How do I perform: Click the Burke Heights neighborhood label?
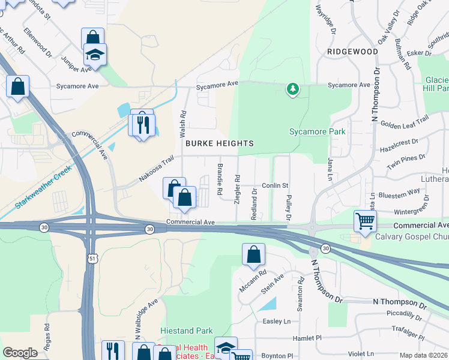pyautogui.click(x=219, y=143)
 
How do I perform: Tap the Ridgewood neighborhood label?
pyautogui.click(x=352, y=52)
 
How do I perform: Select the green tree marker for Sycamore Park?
pyautogui.click(x=292, y=89)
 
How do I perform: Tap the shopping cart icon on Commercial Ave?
pyautogui.click(x=364, y=221)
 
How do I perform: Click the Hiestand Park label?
pyautogui.click(x=187, y=331)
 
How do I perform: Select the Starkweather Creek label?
pyautogui.click(x=44, y=186)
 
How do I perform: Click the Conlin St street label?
pyautogui.click(x=275, y=185)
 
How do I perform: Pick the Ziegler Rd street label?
pyautogui.click(x=238, y=188)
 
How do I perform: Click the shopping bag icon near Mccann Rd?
pyautogui.click(x=253, y=255)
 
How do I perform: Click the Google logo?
pyautogui.click(x=20, y=353)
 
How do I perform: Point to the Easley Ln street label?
pyautogui.click(x=277, y=321)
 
